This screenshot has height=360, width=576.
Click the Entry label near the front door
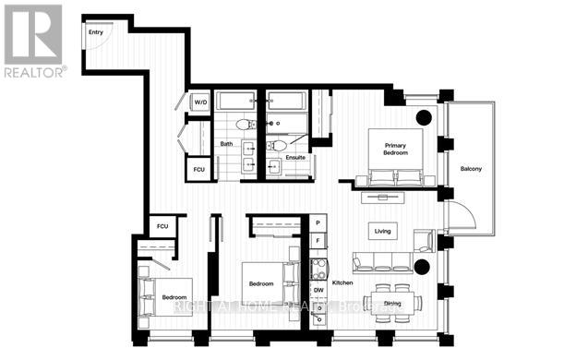click(95, 32)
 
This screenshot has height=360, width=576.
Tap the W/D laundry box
click(200, 102)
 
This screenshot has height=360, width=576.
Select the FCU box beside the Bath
click(198, 170)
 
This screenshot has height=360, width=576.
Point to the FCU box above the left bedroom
click(162, 226)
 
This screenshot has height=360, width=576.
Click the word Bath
click(226, 144)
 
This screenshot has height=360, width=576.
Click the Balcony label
click(471, 168)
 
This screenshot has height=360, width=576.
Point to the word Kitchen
click(343, 282)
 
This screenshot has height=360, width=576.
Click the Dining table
click(392, 301)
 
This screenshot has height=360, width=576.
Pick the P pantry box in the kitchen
click(317, 223)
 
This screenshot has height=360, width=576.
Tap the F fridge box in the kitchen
click(317, 242)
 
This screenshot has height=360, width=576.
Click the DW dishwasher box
click(318, 291)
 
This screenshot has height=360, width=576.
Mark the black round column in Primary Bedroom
click(424, 117)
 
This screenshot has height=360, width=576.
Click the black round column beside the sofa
click(422, 268)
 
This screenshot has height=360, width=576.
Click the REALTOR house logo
click(32, 33)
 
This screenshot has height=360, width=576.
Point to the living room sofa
click(382, 261)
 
